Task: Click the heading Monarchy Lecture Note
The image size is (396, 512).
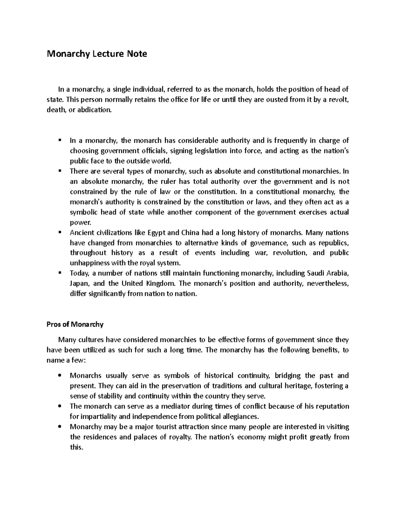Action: tap(97, 54)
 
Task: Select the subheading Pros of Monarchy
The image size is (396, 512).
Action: tap(75, 324)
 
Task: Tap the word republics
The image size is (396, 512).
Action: tap(331, 243)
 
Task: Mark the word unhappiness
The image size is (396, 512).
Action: tap(89, 263)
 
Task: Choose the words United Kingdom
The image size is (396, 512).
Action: tap(148, 284)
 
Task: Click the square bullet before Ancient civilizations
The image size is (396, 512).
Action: tap(60, 232)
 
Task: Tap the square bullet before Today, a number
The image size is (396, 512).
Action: tap(60, 273)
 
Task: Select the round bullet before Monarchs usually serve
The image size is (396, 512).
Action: tap(60, 376)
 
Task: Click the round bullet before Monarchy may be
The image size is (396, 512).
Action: tap(60, 427)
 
